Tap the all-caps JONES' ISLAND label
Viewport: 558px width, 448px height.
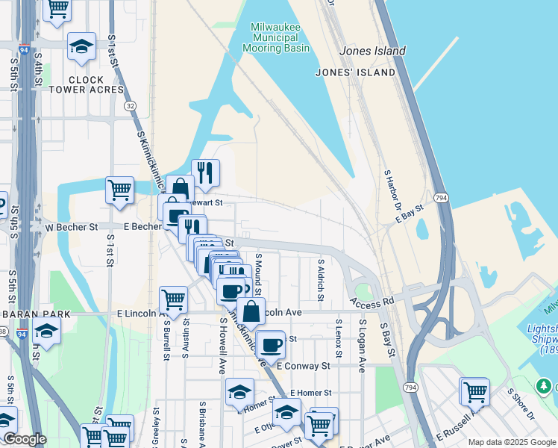click(355, 72)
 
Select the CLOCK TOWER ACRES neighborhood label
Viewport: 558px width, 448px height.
click(95, 84)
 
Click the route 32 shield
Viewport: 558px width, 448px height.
click(131, 106)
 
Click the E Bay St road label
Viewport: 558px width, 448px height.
click(410, 214)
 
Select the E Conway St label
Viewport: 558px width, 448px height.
click(303, 366)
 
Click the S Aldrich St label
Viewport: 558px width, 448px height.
click(321, 281)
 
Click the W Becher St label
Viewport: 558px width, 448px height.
click(72, 226)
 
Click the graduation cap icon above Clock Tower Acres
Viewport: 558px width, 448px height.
click(81, 47)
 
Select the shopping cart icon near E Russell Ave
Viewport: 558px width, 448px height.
click(474, 390)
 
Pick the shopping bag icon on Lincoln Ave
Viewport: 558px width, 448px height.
click(252, 311)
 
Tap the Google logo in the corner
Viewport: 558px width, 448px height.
click(24, 439)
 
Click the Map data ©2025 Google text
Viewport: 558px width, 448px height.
click(512, 442)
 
